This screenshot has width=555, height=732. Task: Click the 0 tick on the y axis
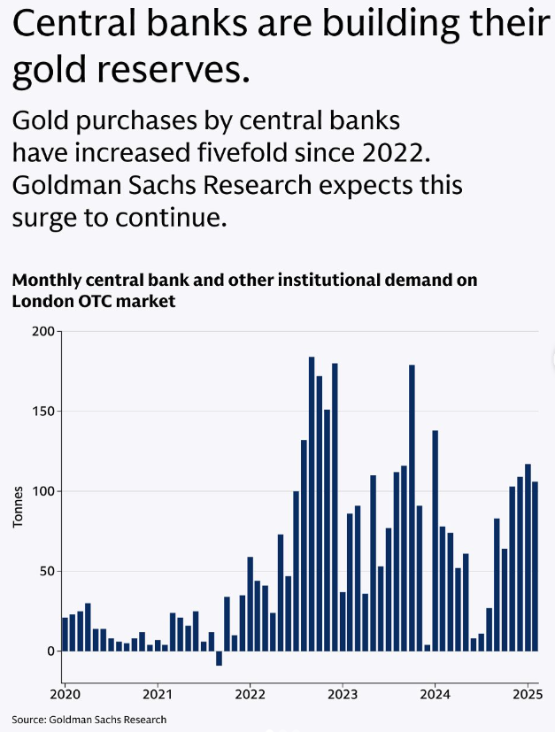click(x=51, y=651)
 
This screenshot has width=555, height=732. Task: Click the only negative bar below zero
click(x=219, y=658)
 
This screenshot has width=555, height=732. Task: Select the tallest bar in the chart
click(x=312, y=504)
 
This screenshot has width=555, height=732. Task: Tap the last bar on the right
click(x=535, y=566)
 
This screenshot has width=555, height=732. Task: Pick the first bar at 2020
click(x=65, y=634)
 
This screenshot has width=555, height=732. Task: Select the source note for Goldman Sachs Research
click(x=89, y=719)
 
